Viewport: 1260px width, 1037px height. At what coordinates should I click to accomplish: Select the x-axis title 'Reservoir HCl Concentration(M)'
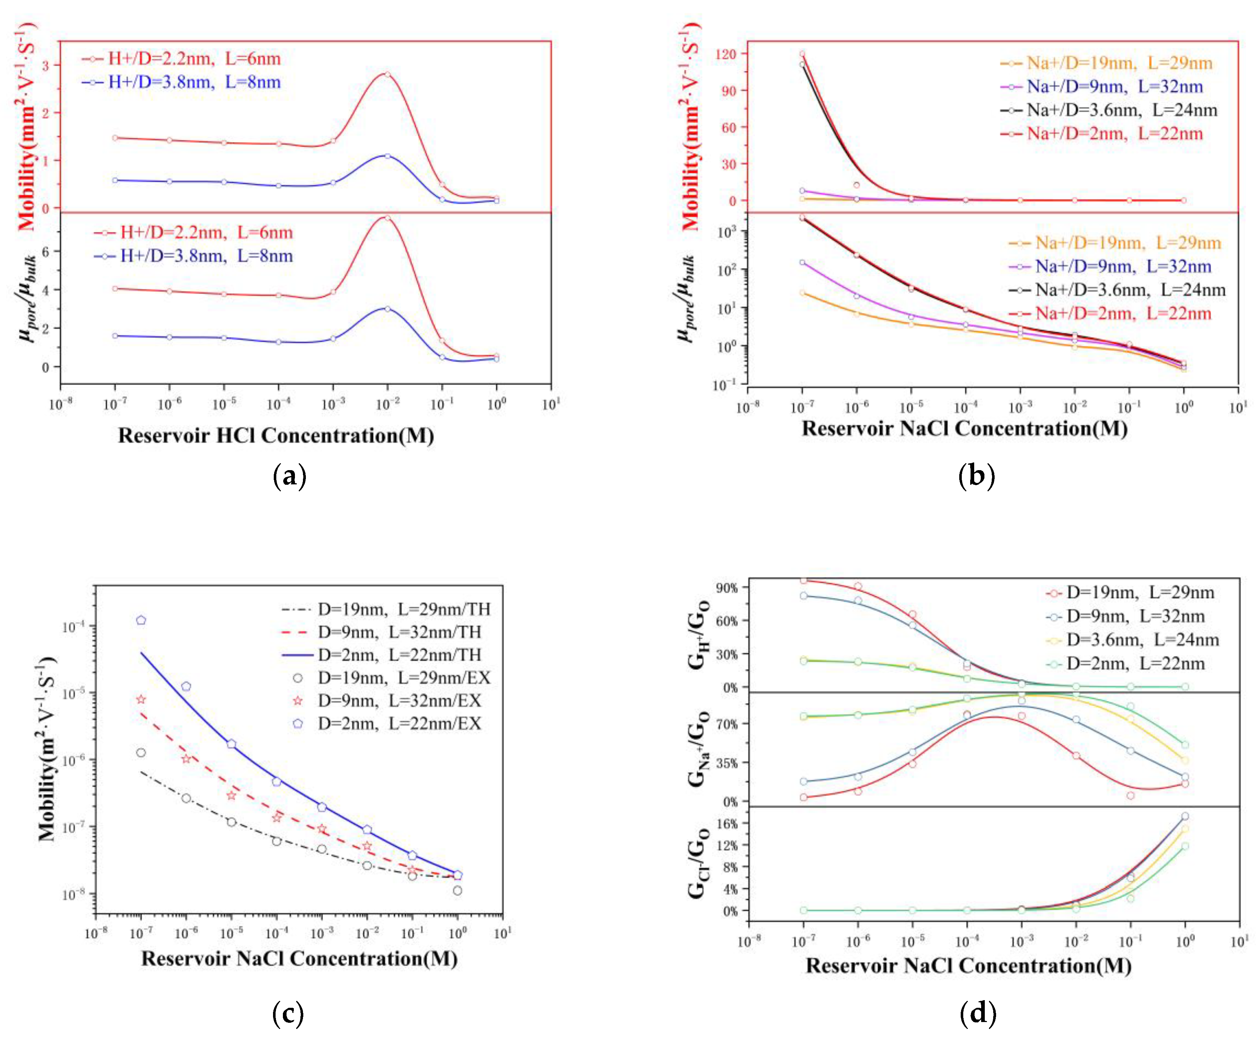tap(276, 435)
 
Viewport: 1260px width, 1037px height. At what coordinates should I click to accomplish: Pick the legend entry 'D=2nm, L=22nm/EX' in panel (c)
tap(399, 723)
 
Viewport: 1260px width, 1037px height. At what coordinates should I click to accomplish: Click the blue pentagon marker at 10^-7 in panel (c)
tap(141, 620)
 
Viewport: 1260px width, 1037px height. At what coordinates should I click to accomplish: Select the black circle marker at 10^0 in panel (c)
tap(458, 891)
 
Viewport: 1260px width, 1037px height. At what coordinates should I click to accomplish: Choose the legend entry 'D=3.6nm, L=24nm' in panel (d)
tap(1142, 640)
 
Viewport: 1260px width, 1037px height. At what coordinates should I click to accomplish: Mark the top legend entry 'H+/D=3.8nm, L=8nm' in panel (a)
tap(193, 82)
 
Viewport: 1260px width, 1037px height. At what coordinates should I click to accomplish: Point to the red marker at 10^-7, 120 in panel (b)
tap(802, 54)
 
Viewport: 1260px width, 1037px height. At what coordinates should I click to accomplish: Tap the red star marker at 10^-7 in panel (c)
tap(141, 699)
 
